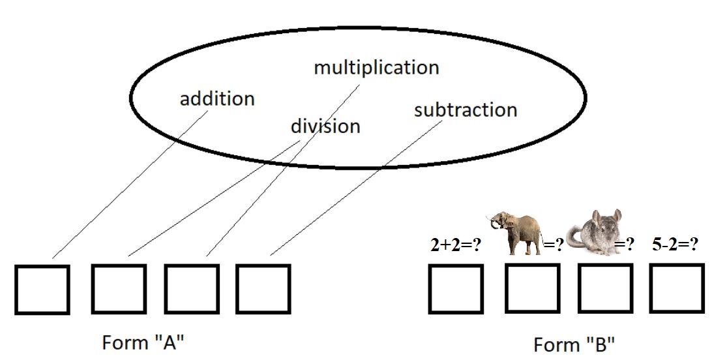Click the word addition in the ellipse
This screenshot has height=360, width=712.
(x=217, y=99)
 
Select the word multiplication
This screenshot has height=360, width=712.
(x=376, y=67)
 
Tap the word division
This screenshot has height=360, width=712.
(x=325, y=125)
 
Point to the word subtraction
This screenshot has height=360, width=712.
(x=465, y=110)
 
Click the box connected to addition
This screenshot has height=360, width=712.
(x=42, y=289)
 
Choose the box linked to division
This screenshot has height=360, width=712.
(x=119, y=289)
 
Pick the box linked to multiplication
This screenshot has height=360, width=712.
(x=190, y=289)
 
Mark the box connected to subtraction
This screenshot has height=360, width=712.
(x=263, y=289)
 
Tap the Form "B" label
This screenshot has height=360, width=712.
(x=574, y=344)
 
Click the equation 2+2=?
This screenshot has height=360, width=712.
(x=456, y=245)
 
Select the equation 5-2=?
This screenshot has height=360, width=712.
(x=675, y=245)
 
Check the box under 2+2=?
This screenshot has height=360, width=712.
(x=456, y=288)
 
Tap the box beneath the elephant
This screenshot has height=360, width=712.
(x=531, y=288)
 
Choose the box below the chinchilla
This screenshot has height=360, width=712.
(x=604, y=288)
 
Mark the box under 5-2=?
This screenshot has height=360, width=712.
(x=677, y=288)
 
